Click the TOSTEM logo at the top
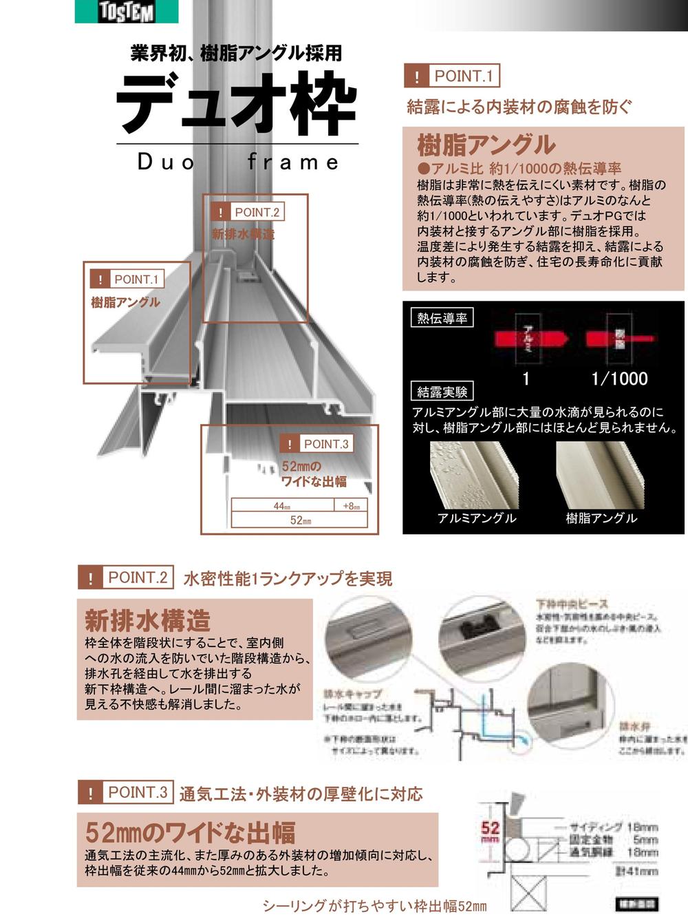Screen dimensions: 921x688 point(127,11)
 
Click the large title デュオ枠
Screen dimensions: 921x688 point(237,103)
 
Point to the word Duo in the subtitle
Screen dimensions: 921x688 point(166,162)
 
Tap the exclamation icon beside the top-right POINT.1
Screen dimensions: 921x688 point(416,76)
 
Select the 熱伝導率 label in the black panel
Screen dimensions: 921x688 point(442,318)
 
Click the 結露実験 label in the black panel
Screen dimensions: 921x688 point(442,392)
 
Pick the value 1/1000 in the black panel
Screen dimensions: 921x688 point(619,378)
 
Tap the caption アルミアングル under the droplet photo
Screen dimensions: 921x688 point(477,518)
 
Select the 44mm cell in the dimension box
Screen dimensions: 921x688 point(282,506)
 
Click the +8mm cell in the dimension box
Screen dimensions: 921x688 point(351,506)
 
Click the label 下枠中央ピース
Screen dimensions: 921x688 point(572,604)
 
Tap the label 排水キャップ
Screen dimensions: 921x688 point(352,694)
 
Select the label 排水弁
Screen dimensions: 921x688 point(634,726)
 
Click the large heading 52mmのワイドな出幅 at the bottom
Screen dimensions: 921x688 point(190,832)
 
